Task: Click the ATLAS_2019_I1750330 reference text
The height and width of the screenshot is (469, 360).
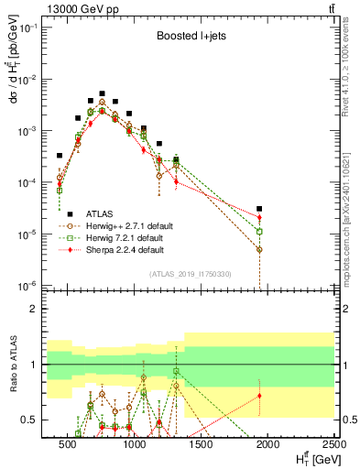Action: point(190,274)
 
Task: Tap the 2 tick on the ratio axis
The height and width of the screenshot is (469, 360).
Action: point(40,309)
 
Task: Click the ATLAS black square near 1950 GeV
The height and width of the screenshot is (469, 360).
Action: point(260,210)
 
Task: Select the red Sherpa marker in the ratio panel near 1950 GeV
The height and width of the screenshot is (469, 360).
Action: point(260,396)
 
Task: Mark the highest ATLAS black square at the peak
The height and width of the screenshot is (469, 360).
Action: point(103,93)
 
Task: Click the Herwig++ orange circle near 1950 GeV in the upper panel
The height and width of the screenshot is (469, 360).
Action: point(260,249)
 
